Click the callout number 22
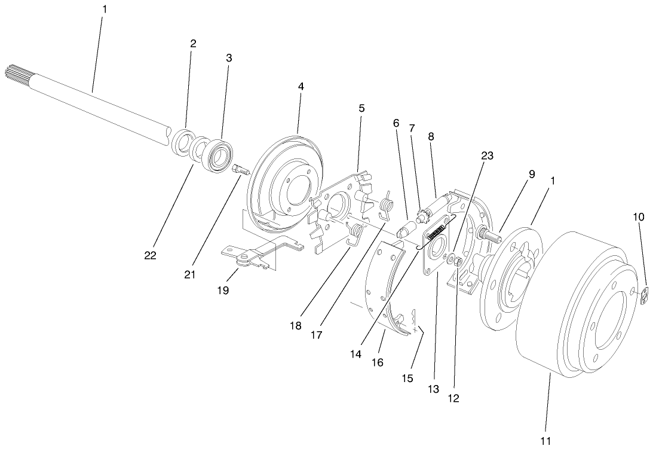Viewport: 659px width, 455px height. pyautogui.click(x=149, y=255)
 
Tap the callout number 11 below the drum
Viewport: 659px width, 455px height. pyautogui.click(x=546, y=442)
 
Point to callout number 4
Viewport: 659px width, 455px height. pyautogui.click(x=301, y=86)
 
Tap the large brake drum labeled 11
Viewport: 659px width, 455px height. pyautogui.click(x=574, y=311)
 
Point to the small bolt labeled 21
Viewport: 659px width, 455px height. pyautogui.click(x=241, y=172)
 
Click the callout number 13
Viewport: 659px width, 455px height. pyautogui.click(x=433, y=389)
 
